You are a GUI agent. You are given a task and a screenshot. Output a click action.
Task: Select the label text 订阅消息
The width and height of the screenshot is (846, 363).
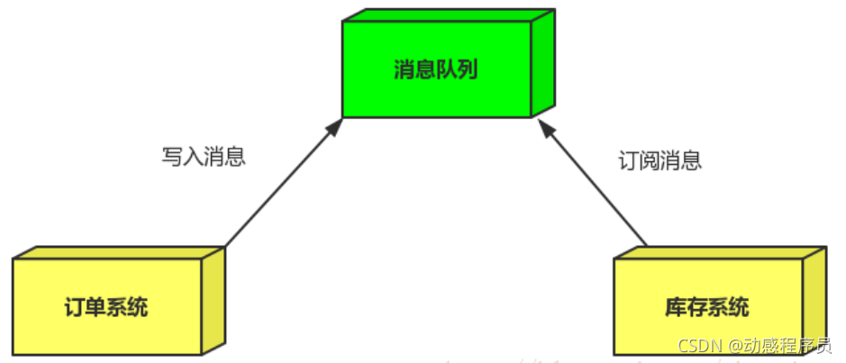(x=660, y=160)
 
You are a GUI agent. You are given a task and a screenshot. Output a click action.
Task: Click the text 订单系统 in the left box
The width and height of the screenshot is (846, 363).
(x=106, y=308)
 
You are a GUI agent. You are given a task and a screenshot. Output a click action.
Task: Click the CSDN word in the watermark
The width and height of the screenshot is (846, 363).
(x=698, y=346)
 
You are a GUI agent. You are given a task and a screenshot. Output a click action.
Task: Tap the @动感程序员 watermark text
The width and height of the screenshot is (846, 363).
(x=780, y=346)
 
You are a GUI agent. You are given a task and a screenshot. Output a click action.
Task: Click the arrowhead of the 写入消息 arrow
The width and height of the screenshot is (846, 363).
(x=336, y=125)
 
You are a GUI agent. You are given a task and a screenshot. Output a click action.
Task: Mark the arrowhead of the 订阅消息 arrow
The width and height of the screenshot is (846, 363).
(x=547, y=125)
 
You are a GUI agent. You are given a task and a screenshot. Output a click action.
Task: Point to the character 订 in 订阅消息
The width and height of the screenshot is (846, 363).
(x=629, y=160)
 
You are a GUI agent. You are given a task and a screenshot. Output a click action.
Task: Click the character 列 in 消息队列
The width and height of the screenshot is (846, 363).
(x=467, y=70)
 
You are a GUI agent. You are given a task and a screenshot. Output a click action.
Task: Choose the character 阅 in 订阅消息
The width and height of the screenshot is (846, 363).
(x=650, y=160)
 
